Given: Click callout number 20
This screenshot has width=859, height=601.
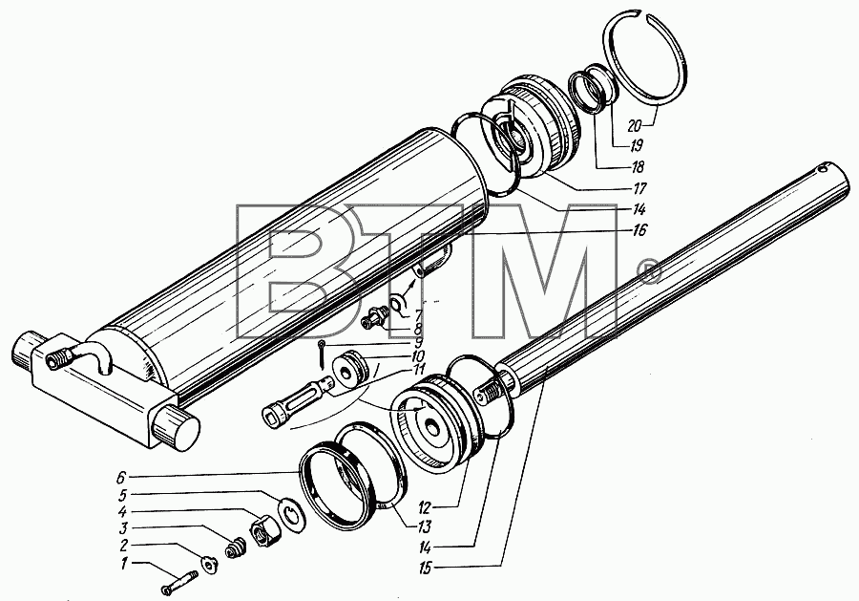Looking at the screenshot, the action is (x=634, y=125).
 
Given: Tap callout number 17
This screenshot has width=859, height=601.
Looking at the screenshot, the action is (x=639, y=188).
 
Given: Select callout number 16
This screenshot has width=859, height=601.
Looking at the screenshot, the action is (x=639, y=230).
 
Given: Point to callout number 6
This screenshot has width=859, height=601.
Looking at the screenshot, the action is (x=120, y=478).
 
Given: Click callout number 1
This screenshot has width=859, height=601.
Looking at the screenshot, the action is (x=124, y=563).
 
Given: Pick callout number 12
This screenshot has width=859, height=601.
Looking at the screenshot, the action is (x=425, y=506).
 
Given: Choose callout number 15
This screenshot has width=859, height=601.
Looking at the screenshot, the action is (x=425, y=569).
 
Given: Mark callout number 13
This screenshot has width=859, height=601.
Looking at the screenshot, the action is (x=424, y=527).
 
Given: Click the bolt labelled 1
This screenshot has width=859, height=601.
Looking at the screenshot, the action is (x=179, y=582).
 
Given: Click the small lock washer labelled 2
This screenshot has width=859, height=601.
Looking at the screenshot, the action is (x=209, y=565).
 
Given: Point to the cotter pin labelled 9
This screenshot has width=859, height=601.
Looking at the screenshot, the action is (x=323, y=354).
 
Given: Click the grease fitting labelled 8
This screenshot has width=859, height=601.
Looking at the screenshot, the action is (x=376, y=318).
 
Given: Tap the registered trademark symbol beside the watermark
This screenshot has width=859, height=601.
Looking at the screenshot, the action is (x=650, y=271).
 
